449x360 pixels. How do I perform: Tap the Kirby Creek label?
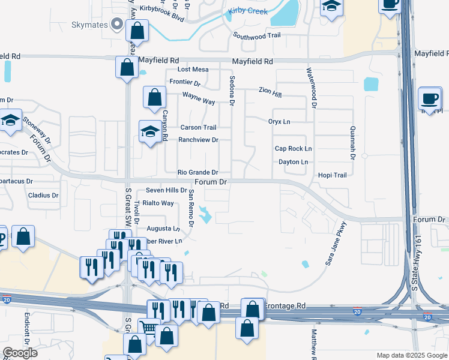coord(247,11)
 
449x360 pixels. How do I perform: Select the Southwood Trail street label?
coord(257,36)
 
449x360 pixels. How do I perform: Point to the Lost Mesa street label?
coord(193,70)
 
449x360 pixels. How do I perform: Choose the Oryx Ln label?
coord(279,122)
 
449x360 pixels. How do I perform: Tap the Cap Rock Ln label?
coord(293,148)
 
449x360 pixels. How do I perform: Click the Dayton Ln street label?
coord(293,162)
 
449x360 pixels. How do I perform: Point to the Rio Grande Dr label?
coord(197,172)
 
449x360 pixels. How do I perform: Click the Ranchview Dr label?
coord(198,140)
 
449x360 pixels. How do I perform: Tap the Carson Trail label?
coord(198,127)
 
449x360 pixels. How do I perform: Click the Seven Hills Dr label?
coord(166,190)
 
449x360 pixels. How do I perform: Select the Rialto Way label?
coord(158,203)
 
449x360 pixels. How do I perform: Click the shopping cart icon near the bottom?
coord(148,328)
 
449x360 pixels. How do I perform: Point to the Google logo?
coord(20,353)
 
